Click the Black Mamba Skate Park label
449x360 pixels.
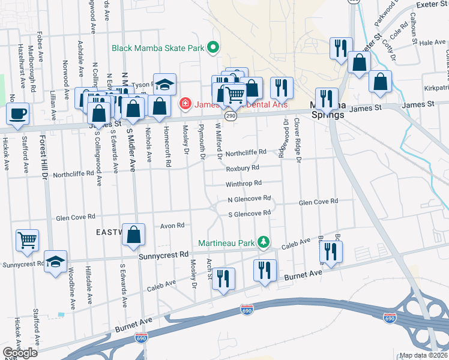coord(157,47)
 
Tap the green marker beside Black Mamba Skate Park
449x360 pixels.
coord(212,47)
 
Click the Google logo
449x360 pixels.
coord(20,353)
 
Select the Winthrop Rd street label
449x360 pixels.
coord(244,184)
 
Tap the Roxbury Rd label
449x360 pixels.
coord(247,169)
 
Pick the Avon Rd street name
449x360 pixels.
coord(172,226)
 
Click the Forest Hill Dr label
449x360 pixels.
coord(43,157)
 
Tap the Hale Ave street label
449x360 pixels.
coord(432,43)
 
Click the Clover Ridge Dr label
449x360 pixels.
coord(297,139)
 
